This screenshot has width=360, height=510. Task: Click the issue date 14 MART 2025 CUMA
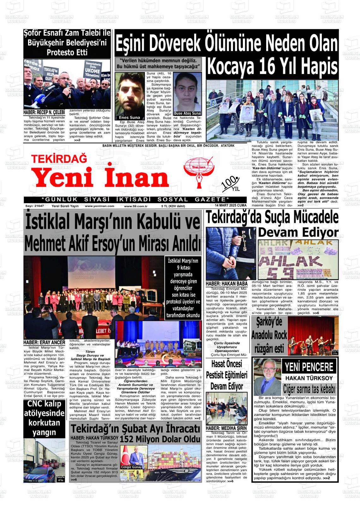point(231,206)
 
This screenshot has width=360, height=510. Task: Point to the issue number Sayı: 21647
point(34,206)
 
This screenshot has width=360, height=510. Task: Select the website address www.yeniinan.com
point(99,206)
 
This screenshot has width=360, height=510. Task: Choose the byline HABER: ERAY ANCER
point(44,343)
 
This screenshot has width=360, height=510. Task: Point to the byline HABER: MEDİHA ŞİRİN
point(226,428)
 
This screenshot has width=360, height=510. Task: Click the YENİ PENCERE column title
point(309,367)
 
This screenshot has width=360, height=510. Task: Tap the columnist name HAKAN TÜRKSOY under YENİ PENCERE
point(309,378)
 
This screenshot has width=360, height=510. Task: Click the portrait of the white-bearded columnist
point(267,377)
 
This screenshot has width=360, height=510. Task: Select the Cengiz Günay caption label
point(132,467)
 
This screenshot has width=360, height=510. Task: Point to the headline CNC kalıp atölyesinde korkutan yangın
point(44,418)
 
